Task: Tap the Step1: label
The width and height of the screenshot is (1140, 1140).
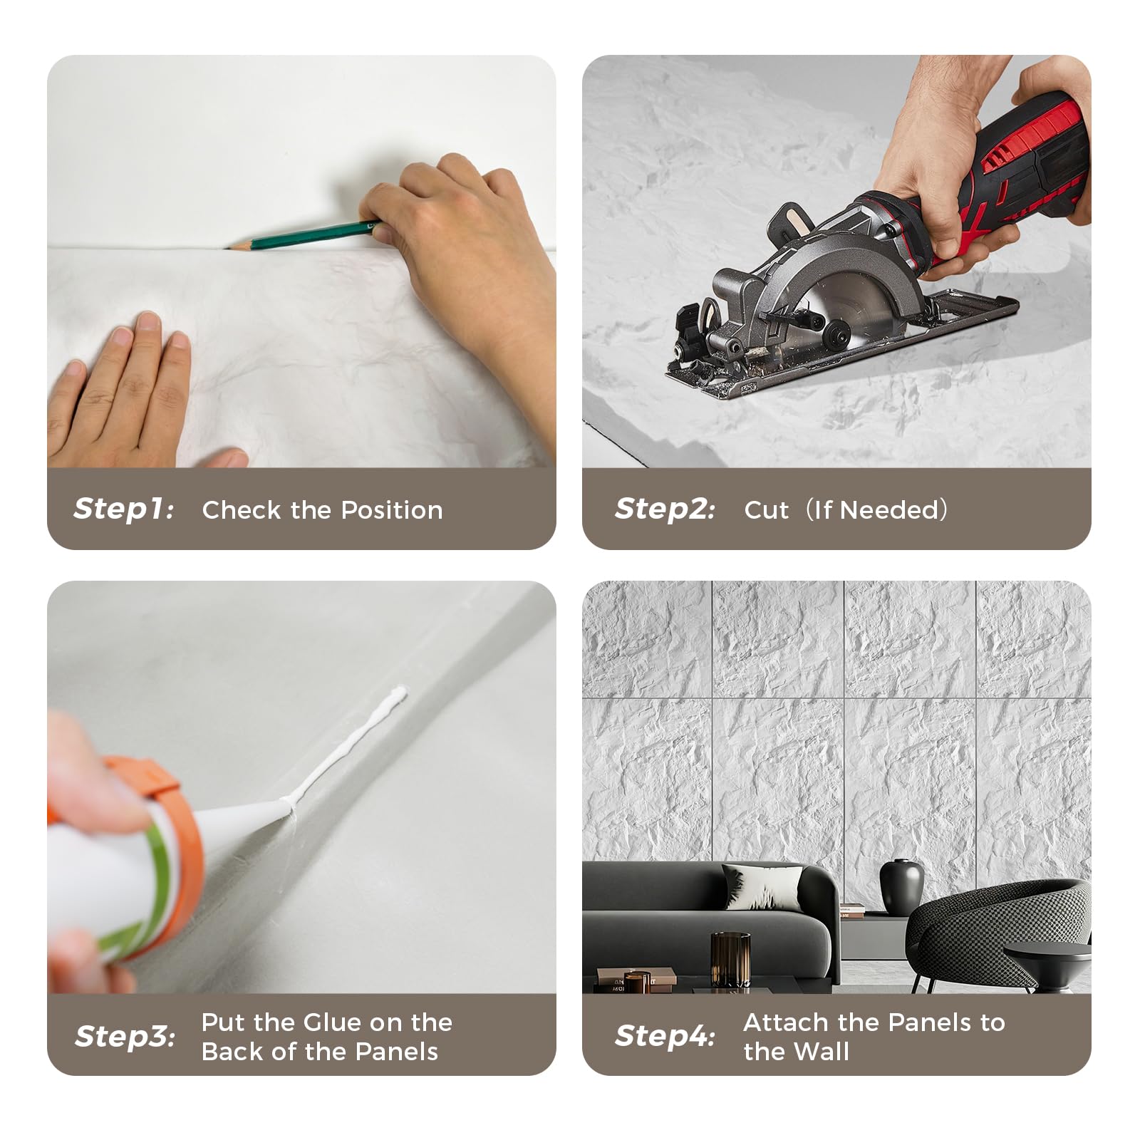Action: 123,509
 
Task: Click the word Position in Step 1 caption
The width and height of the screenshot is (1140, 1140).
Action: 391,510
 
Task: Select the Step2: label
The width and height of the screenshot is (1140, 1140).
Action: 665,509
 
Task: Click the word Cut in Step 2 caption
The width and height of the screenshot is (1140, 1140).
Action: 766,510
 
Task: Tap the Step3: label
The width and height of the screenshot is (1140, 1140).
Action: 125,1036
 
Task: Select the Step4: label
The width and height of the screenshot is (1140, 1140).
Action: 665,1036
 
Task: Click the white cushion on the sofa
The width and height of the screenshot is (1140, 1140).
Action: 760,886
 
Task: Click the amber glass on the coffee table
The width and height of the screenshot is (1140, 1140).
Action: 730,958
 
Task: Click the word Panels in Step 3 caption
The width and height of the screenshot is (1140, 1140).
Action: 397,1052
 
